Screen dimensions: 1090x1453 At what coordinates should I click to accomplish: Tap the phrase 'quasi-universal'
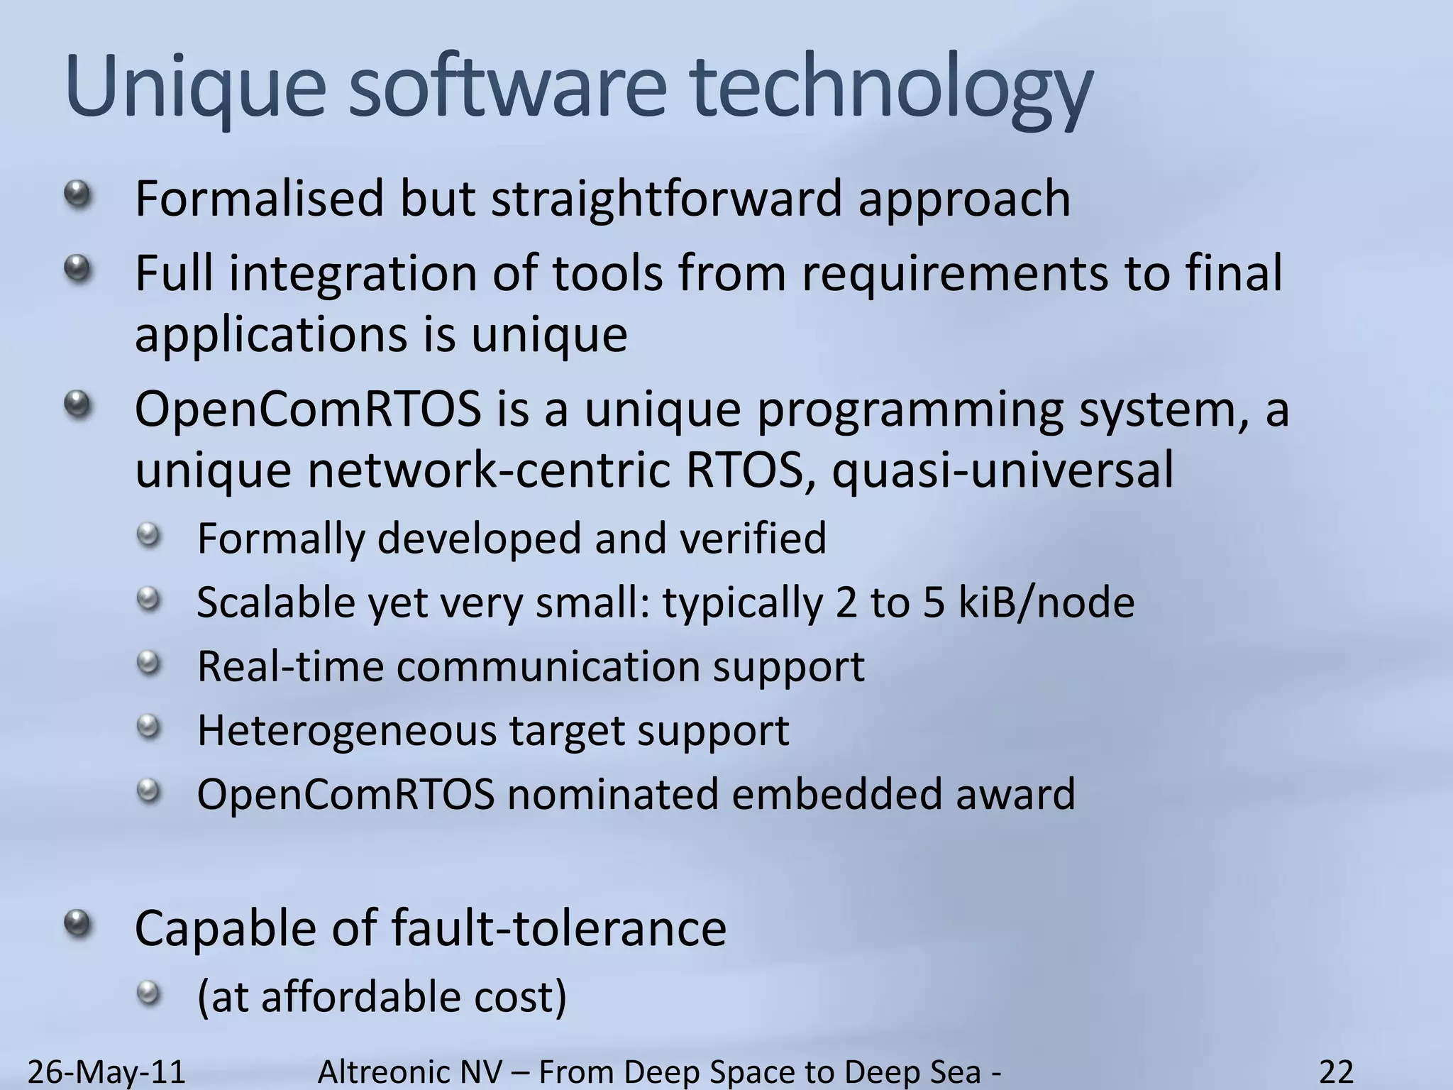pos(1002,470)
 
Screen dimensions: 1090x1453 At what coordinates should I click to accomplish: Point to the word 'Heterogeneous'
pos(346,731)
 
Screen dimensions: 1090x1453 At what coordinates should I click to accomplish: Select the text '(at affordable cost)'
pos(382,997)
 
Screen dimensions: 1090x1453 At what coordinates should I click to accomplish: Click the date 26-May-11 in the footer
pos(106,1072)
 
